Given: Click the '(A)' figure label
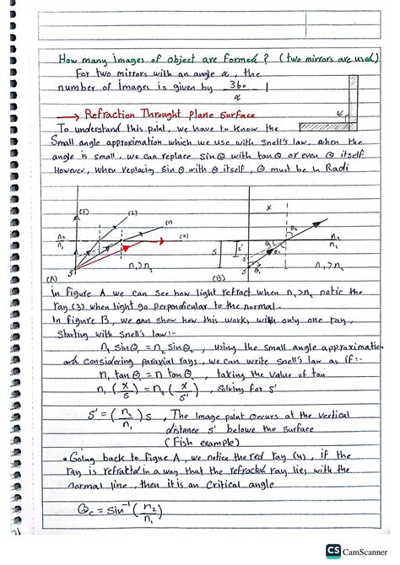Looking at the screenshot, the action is point(51,276).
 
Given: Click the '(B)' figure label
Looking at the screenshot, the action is point(220,276).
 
